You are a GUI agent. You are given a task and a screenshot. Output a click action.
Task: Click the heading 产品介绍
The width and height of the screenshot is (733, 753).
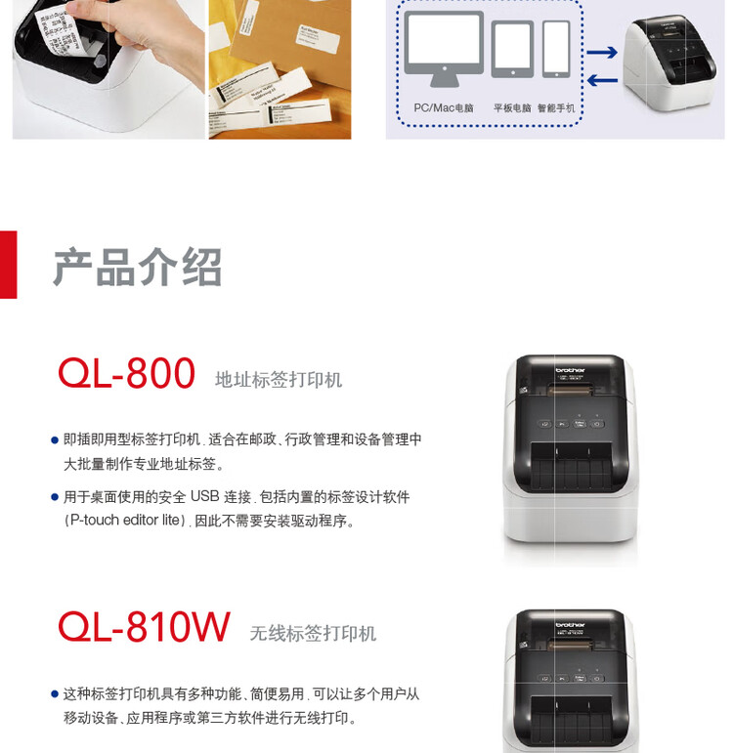click(137, 267)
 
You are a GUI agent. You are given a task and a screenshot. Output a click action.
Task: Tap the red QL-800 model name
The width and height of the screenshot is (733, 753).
click(126, 374)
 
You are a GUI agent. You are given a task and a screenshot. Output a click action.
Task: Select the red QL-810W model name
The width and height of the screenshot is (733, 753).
click(144, 627)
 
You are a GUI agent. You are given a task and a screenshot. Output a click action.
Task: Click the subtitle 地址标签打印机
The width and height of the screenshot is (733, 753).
click(279, 380)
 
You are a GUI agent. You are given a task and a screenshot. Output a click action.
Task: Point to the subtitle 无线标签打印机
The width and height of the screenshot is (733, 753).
click(313, 634)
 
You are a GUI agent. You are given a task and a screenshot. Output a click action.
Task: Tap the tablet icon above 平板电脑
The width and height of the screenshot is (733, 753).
click(512, 51)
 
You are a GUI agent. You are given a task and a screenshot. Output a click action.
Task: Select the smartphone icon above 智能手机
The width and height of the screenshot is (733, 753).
click(556, 50)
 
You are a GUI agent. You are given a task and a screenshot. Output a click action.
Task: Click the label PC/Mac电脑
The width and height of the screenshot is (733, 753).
click(444, 107)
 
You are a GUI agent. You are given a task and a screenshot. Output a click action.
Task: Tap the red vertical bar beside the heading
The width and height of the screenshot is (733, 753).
click(8, 264)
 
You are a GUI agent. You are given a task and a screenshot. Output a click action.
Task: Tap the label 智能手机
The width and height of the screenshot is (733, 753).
click(555, 107)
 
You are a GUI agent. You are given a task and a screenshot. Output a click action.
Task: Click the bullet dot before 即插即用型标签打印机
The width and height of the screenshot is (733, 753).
click(55, 441)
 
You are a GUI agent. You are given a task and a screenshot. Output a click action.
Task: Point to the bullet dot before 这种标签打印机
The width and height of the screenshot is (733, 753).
click(55, 694)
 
